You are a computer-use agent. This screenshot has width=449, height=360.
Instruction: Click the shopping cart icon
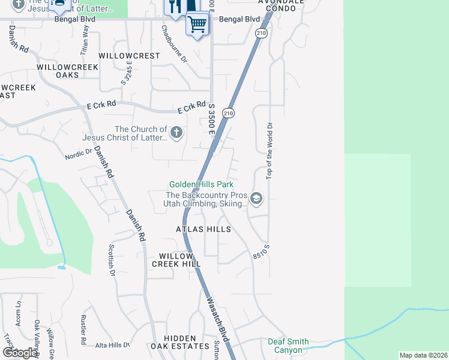click(x=197, y=25)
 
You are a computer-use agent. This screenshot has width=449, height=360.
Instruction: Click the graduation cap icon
click(x=256, y=199)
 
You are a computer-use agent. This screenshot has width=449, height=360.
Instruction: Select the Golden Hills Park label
click(x=201, y=184)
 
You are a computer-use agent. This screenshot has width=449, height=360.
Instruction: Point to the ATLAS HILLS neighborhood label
click(x=203, y=229)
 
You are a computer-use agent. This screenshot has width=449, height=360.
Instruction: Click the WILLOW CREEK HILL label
click(x=176, y=260)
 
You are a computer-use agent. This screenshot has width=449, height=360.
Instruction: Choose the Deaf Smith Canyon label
click(x=288, y=346)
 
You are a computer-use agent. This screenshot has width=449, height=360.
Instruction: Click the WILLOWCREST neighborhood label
click(x=130, y=56)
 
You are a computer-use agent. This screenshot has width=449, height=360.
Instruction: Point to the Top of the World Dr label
click(x=270, y=151)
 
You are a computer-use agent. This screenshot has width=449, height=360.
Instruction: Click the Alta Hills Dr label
click(x=112, y=345)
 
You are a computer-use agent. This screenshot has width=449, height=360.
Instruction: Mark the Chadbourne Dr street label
click(x=174, y=44)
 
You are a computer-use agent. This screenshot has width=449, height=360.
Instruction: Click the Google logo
click(x=19, y=353)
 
